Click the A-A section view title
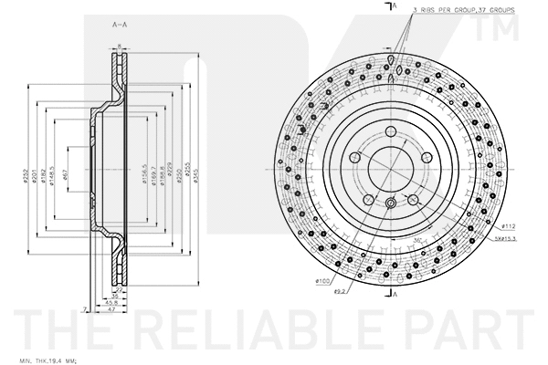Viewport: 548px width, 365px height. click(120, 23)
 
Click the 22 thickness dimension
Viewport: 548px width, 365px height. click(119, 290)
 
